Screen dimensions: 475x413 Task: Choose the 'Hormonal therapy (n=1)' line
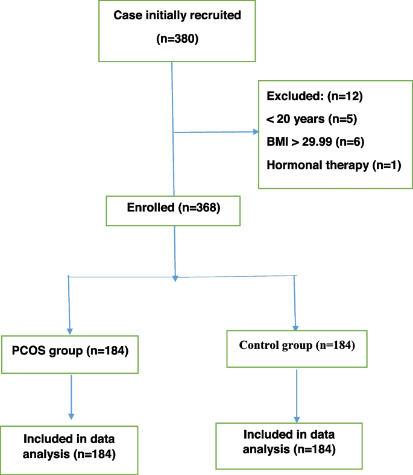point(332,165)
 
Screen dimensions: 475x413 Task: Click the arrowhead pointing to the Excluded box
point(254,132)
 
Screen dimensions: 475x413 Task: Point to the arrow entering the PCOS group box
point(70,330)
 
